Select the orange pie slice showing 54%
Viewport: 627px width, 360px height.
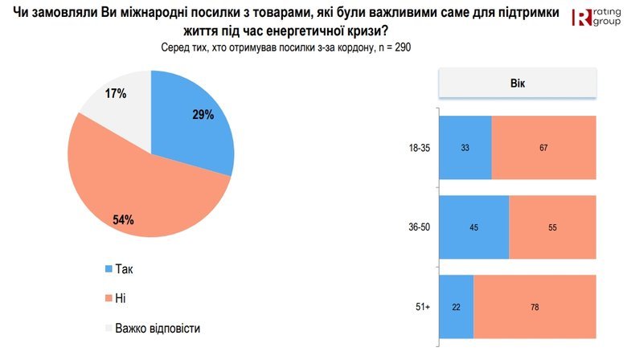click(129, 197)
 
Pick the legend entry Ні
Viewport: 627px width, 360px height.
click(120, 298)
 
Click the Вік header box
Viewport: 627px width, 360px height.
click(517, 83)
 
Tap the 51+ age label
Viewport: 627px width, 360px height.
click(424, 307)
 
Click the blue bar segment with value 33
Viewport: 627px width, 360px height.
click(465, 148)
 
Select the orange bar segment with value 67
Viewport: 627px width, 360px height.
click(543, 148)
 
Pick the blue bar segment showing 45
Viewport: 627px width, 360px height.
click(475, 227)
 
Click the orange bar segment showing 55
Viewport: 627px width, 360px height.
click(553, 227)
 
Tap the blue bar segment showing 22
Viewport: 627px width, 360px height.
click(457, 307)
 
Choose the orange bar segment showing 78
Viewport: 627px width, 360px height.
click(535, 307)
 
